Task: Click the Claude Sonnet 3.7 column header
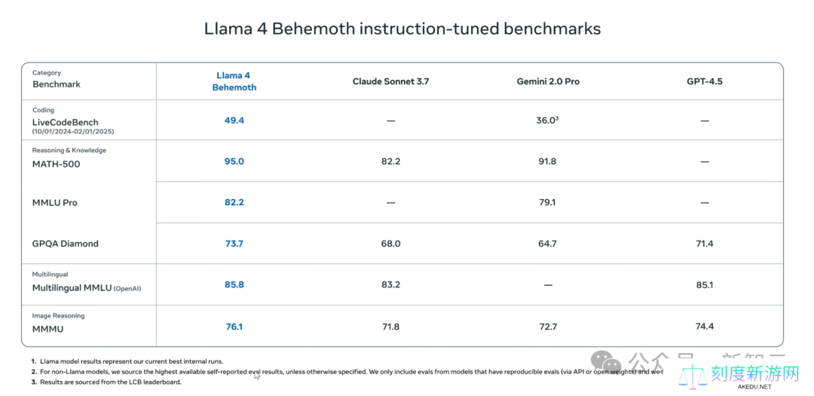click(x=390, y=81)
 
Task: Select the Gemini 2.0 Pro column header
click(x=548, y=81)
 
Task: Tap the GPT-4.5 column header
click(x=704, y=81)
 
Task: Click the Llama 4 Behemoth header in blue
click(x=234, y=81)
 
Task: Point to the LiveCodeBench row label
click(x=65, y=122)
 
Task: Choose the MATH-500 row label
click(x=56, y=164)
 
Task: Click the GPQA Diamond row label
click(x=65, y=244)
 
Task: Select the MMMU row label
click(x=47, y=329)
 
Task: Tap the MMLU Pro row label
click(x=54, y=203)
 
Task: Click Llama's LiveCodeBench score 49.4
click(x=234, y=120)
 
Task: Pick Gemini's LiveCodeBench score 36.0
click(x=546, y=120)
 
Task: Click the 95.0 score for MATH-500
click(x=234, y=161)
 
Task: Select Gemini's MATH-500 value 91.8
click(x=547, y=161)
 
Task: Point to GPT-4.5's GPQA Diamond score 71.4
click(x=704, y=244)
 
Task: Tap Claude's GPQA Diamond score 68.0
click(x=390, y=244)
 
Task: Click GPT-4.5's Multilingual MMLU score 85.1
click(x=704, y=285)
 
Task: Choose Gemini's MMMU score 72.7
click(x=547, y=327)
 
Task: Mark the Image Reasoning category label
click(x=58, y=316)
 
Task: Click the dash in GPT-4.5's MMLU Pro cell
click(x=704, y=203)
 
